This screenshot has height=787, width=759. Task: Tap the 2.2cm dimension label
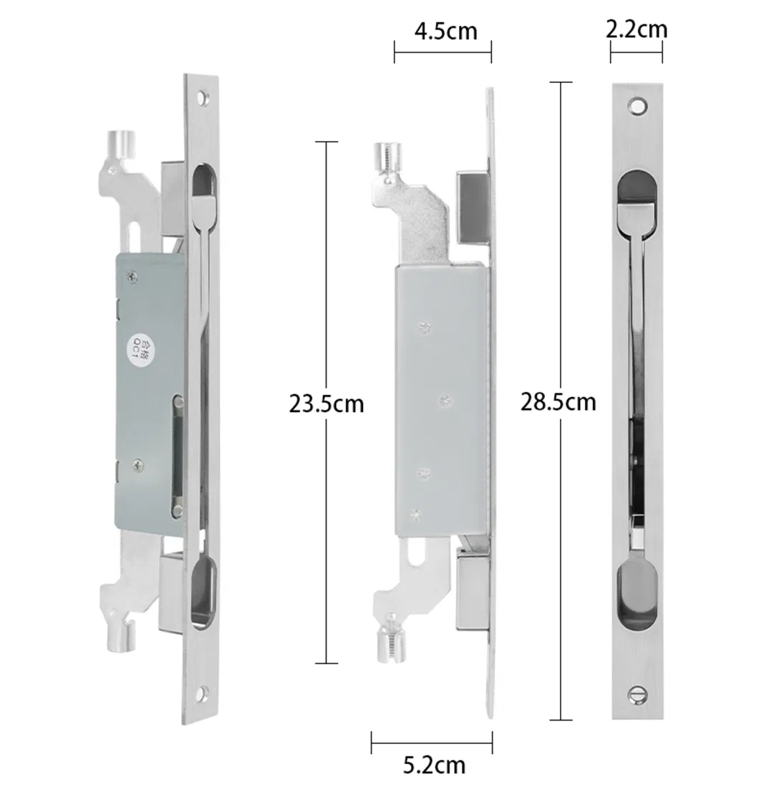[x=636, y=29]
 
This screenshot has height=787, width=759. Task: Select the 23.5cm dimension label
[x=327, y=404]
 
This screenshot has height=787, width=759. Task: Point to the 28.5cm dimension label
[x=558, y=402]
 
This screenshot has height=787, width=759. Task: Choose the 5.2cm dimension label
[x=433, y=765]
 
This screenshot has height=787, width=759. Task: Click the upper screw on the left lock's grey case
[x=131, y=275]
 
